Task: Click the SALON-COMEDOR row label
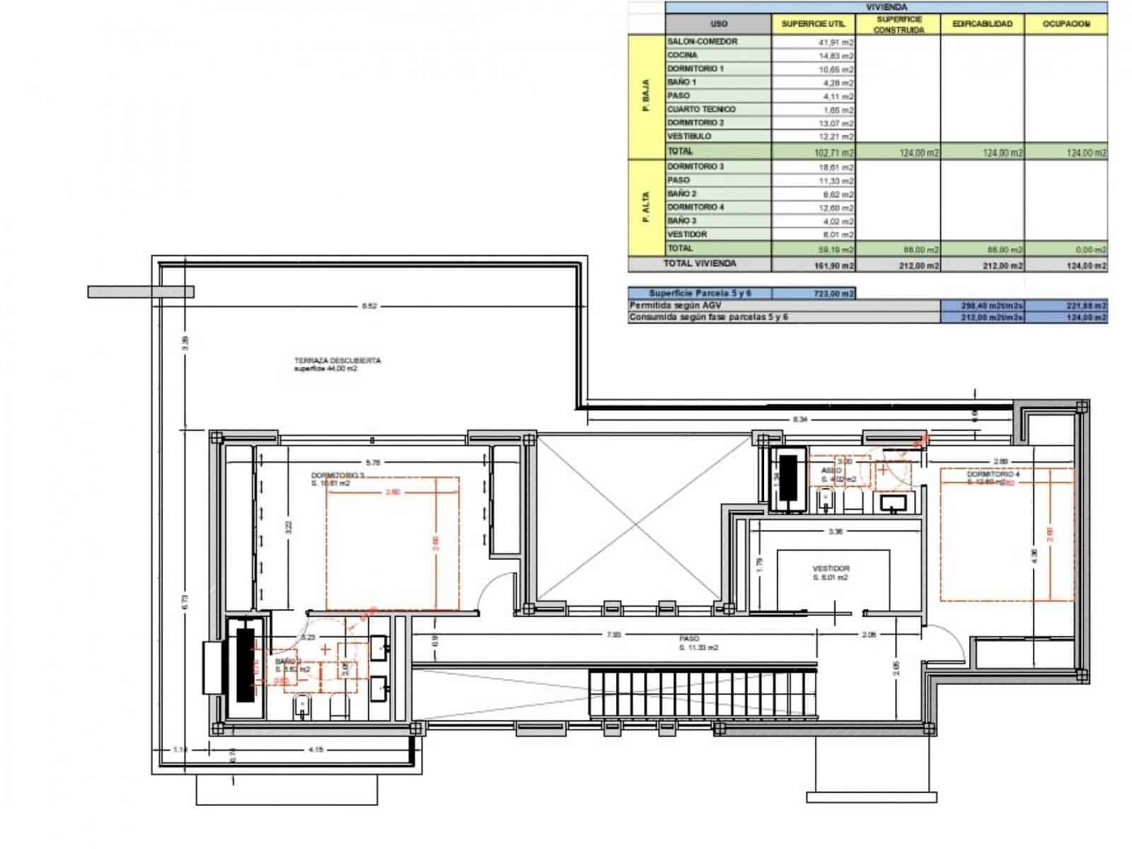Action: click(702, 42)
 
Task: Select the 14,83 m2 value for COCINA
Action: click(836, 56)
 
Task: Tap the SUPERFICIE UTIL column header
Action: click(813, 24)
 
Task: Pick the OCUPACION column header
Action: click(1066, 24)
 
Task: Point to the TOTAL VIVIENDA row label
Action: click(700, 264)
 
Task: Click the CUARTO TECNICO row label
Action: click(701, 110)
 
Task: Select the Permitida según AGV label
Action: click(675, 305)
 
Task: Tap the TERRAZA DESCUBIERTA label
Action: click(337, 361)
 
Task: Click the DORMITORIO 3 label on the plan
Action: click(337, 475)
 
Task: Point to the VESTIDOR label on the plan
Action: click(831, 568)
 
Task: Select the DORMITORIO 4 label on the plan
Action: click(993, 474)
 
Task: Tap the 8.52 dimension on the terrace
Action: click(369, 306)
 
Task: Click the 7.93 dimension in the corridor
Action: click(613, 635)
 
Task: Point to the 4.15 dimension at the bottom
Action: click(316, 749)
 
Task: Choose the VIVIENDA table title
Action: click(886, 7)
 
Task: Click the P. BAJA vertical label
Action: click(645, 98)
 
